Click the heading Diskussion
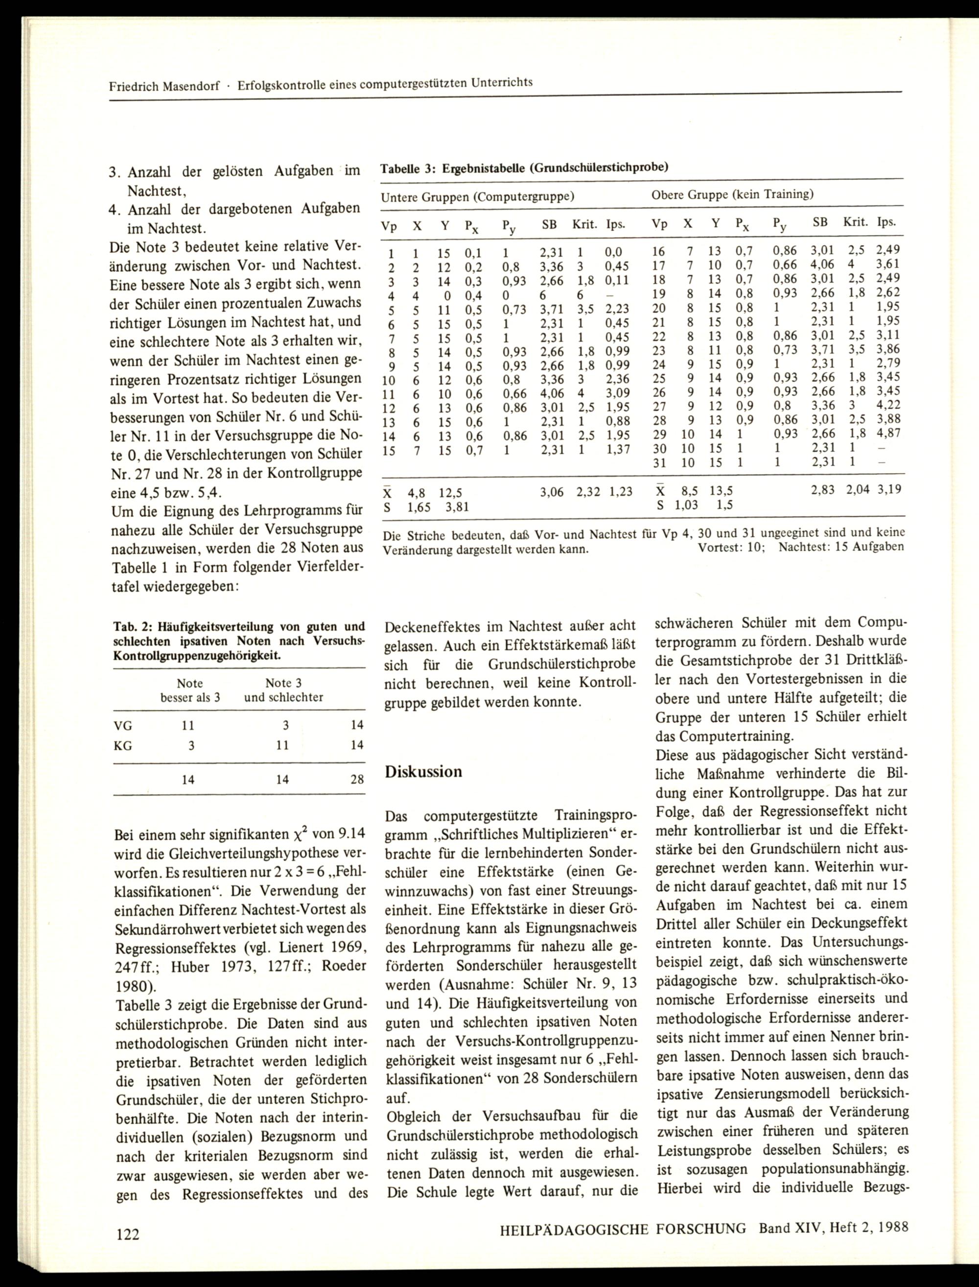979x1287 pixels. point(423,772)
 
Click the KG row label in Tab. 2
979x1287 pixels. point(123,745)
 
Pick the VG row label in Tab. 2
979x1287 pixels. point(123,726)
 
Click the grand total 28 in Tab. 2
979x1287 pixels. point(357,779)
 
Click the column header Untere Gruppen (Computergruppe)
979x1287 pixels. point(477,197)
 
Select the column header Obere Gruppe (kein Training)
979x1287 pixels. point(732,194)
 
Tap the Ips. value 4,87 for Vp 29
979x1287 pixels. point(888,433)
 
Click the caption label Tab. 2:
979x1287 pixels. point(130,628)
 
